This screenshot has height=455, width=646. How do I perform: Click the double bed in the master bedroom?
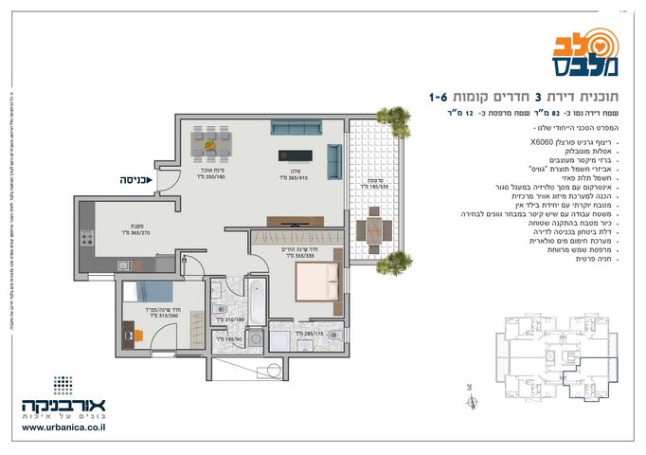pyautogui.click(x=315, y=281)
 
